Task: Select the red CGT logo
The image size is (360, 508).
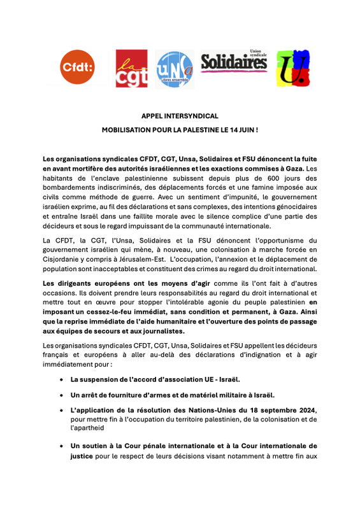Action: click(131, 68)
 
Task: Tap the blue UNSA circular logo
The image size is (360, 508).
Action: click(175, 69)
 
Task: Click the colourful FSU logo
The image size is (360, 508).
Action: click(292, 68)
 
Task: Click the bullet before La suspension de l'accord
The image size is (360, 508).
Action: click(61, 379)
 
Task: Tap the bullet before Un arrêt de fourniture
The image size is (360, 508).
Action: click(61, 395)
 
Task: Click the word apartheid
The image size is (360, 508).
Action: click(88, 428)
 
